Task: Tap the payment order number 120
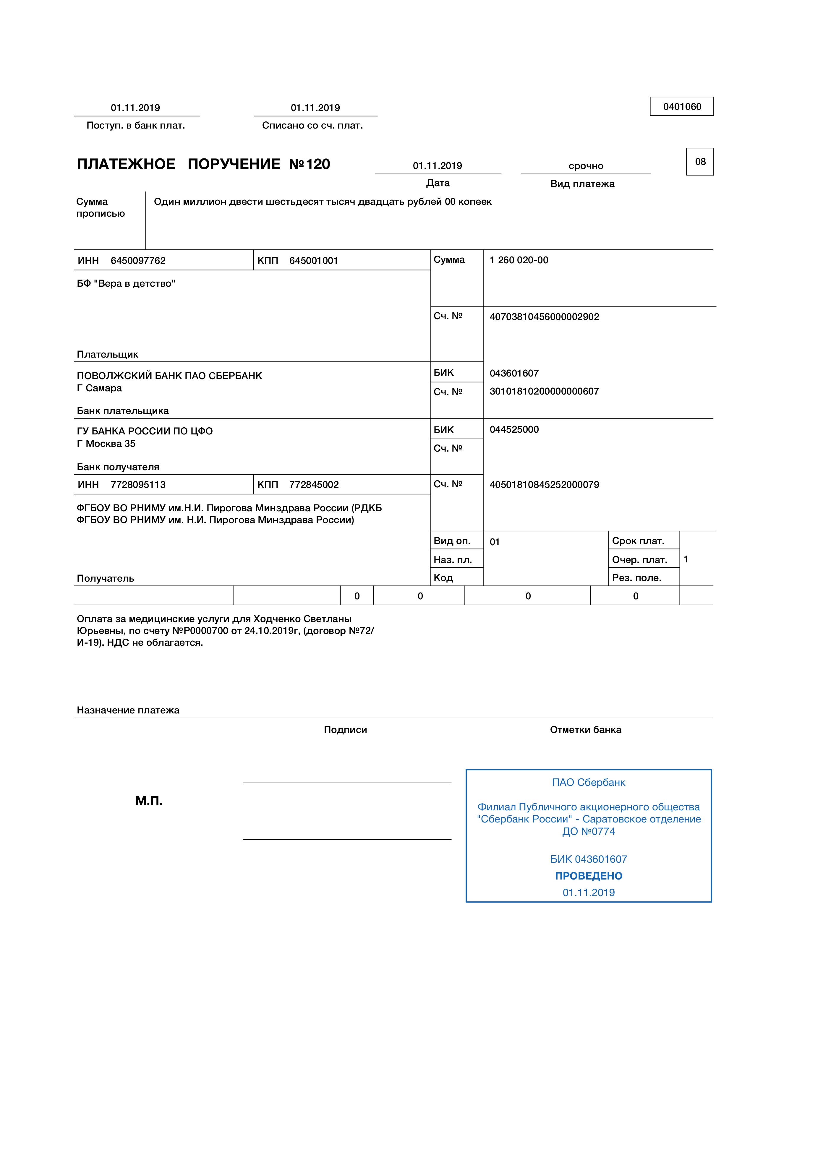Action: coord(318,164)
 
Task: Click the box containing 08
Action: coord(700,162)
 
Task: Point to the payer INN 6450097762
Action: coord(138,260)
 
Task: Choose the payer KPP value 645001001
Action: coord(314,260)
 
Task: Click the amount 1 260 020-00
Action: coord(519,260)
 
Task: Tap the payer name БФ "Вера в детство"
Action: coord(126,283)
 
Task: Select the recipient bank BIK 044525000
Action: coord(514,429)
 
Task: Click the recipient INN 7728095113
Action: coord(138,485)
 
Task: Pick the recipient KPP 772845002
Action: coord(314,485)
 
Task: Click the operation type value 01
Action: coord(495,542)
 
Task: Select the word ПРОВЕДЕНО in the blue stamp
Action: coord(588,876)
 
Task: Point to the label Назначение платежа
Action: coord(128,710)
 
